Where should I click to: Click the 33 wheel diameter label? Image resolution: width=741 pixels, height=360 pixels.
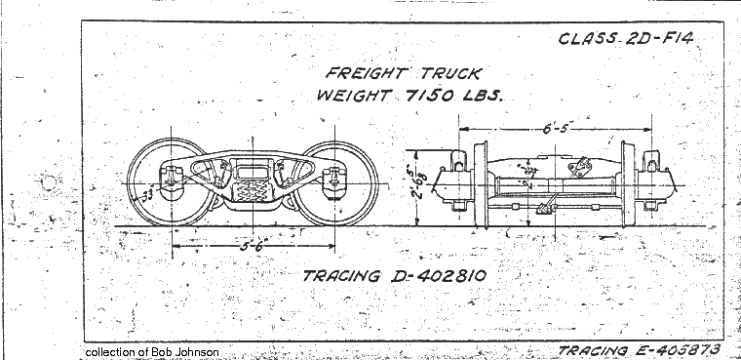tap(148, 195)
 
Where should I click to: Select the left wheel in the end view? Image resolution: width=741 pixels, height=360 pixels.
tap(479, 185)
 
